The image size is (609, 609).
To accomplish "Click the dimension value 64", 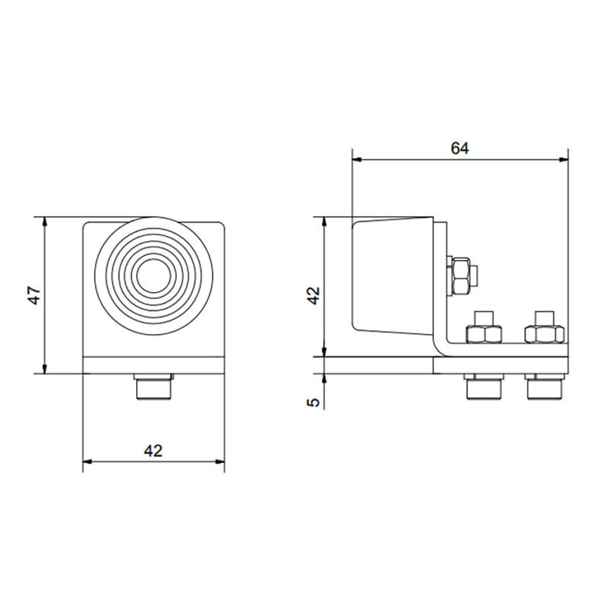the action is point(460,149).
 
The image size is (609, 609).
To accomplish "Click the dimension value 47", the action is point(35,295).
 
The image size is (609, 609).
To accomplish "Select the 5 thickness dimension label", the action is point(314,402).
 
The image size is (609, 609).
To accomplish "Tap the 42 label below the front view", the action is point(153,451).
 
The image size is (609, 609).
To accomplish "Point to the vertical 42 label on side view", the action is point(314,295).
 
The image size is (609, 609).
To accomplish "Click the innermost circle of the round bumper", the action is point(153,276).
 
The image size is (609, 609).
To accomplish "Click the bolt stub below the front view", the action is point(153,386).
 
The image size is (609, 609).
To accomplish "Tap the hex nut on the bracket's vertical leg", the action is point(461,276).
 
